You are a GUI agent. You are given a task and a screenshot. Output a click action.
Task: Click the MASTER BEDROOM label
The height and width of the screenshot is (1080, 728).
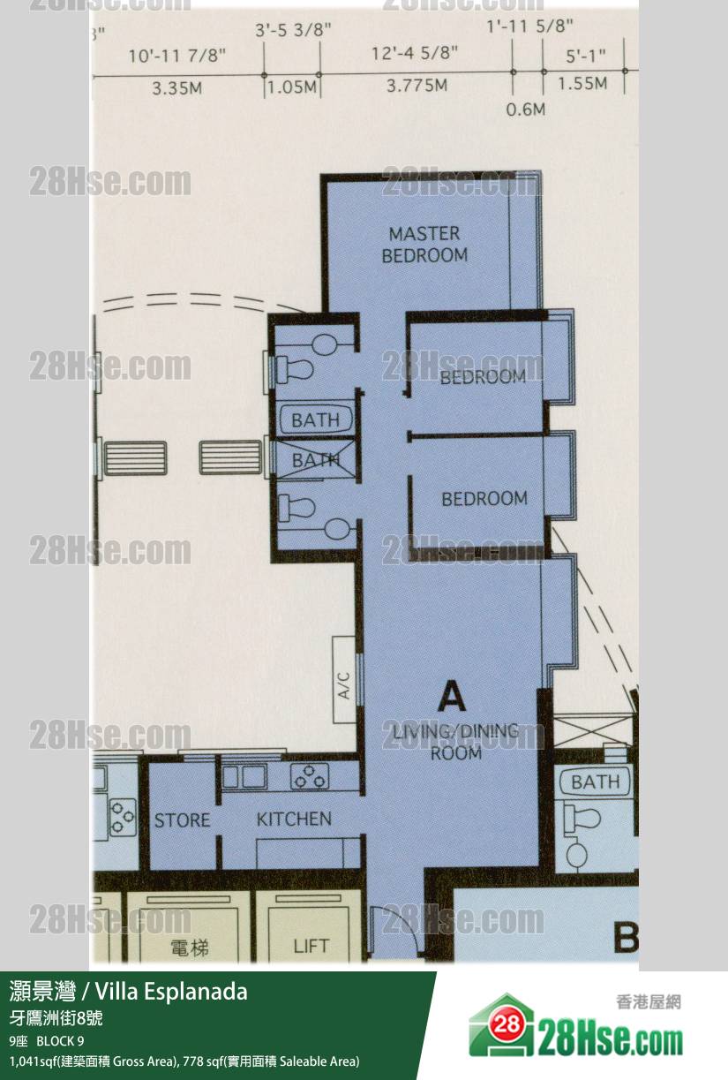pos(424,245)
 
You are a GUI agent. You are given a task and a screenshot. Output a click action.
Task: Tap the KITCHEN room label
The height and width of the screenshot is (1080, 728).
pos(294,819)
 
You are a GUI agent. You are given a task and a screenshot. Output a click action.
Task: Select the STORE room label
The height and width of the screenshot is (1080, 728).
pos(182,820)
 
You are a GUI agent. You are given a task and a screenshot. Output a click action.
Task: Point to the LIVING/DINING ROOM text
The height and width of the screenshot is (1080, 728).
pos(455,742)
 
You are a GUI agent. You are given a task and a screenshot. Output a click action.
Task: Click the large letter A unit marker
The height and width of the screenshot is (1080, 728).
pos(453,699)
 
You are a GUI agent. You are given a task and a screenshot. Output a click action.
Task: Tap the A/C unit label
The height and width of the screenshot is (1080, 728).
pos(344,685)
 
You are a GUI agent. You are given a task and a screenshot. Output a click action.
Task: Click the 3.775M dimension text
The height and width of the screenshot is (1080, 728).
pos(417,86)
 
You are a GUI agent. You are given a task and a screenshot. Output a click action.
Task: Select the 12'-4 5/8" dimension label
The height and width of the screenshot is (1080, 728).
pos(415,53)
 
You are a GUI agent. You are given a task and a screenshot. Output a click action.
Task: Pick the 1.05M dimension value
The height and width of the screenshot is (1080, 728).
pos(292,87)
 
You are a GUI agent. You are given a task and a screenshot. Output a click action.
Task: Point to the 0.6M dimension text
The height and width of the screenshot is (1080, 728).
pos(526,110)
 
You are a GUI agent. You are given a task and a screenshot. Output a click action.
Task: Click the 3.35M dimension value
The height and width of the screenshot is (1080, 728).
pos(176,88)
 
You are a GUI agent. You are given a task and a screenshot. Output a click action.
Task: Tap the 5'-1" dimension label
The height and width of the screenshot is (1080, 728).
pos(585,57)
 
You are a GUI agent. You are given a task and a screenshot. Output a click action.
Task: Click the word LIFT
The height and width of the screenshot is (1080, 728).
pos(311,947)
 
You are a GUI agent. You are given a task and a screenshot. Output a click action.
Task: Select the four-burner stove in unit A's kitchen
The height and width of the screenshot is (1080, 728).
pos(311,776)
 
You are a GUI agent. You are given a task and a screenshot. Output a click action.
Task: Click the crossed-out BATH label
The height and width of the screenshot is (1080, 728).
pos(316,460)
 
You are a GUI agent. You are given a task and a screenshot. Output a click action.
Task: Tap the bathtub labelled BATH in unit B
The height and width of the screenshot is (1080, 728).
pos(596,782)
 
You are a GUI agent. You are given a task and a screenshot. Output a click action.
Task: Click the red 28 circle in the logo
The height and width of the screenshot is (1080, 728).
pos(507,1023)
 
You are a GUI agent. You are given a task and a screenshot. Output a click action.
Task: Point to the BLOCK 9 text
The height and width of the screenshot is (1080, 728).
pos(60,1041)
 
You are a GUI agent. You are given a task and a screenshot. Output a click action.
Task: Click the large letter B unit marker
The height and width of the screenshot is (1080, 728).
pos(626,938)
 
